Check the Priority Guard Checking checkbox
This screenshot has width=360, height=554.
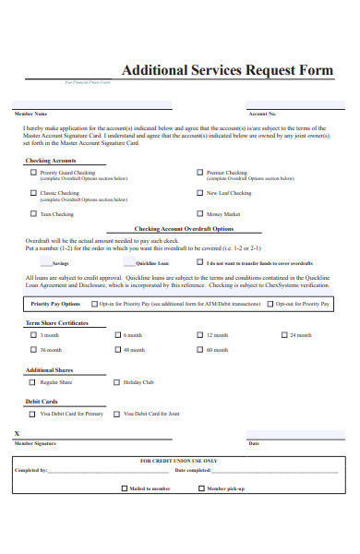pyautogui.click(x=33, y=172)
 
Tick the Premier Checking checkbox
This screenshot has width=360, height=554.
pyautogui.click(x=199, y=172)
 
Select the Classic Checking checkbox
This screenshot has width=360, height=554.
pyautogui.click(x=33, y=193)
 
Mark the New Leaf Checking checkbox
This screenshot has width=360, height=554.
pyautogui.click(x=199, y=193)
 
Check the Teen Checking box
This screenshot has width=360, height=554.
pyautogui.click(x=33, y=213)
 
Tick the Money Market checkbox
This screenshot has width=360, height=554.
pyautogui.click(x=199, y=213)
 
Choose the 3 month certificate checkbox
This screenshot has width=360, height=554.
pyautogui.click(x=33, y=335)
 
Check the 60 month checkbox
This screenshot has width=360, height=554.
pyautogui.click(x=199, y=350)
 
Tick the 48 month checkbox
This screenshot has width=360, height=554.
pyautogui.click(x=116, y=350)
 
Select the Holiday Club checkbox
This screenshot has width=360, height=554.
pyautogui.click(x=116, y=381)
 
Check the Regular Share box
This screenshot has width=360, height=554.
pyautogui.click(x=33, y=381)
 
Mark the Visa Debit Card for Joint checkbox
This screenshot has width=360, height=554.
pyautogui.click(x=116, y=414)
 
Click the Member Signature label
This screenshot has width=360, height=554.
pyautogui.click(x=35, y=443)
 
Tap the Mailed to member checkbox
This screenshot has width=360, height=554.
pyautogui.click(x=124, y=487)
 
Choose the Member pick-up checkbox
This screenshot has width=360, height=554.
pyautogui.click(x=199, y=487)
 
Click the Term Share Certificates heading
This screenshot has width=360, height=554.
pyautogui.click(x=56, y=323)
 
